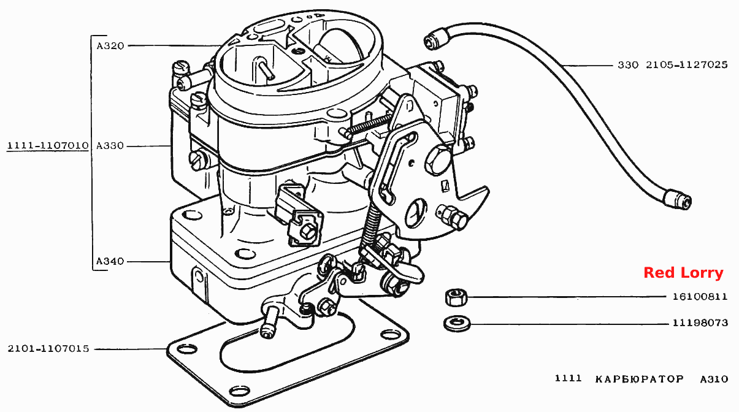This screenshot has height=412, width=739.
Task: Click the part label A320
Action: click(x=110, y=46)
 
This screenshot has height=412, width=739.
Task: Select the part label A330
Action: click(x=110, y=146)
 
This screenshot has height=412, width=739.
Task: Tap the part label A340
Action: click(x=110, y=261)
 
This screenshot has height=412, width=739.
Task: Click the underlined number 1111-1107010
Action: click(x=48, y=145)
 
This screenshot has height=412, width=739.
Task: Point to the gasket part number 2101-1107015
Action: click(x=48, y=349)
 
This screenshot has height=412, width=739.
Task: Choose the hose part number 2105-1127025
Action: click(x=686, y=64)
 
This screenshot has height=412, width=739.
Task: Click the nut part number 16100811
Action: click(x=700, y=297)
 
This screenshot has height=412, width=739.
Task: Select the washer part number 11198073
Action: click(x=700, y=322)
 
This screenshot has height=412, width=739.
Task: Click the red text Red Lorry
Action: click(x=683, y=273)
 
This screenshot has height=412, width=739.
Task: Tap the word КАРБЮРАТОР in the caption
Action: click(x=640, y=379)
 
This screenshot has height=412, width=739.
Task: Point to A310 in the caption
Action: click(x=714, y=379)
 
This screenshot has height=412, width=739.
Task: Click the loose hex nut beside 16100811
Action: click(x=456, y=297)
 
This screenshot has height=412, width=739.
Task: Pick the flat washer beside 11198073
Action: click(x=457, y=324)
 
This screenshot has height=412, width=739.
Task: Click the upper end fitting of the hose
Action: click(x=436, y=39)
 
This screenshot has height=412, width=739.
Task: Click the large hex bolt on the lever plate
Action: click(x=438, y=161)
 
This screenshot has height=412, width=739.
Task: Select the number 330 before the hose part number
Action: click(x=628, y=64)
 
